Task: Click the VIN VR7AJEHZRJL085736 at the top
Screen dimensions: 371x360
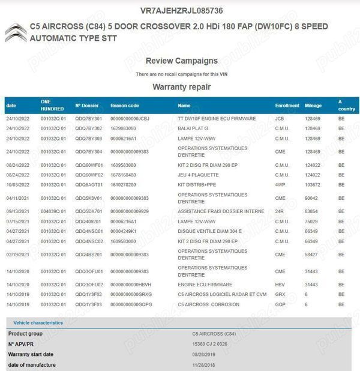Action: (x=181, y=11)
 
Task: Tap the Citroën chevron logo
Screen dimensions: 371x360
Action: (x=16, y=32)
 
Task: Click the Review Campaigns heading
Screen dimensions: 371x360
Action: (x=181, y=61)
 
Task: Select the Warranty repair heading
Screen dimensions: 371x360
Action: (x=181, y=87)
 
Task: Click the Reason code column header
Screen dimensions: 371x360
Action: (x=125, y=106)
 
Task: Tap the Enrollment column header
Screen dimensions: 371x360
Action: (x=287, y=106)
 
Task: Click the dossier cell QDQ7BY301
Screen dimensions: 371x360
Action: (x=88, y=119)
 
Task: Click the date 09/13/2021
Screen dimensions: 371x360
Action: (x=18, y=211)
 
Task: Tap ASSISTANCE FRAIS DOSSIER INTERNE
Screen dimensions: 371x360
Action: (x=221, y=211)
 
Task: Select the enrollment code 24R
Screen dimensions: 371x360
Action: (x=279, y=211)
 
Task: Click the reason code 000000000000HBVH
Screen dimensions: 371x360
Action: (x=131, y=285)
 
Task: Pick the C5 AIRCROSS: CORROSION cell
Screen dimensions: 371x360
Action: (x=209, y=304)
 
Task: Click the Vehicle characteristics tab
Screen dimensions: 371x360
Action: (x=38, y=323)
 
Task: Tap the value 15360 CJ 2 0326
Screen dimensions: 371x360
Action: (x=211, y=343)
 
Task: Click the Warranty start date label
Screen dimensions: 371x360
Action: (x=31, y=354)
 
